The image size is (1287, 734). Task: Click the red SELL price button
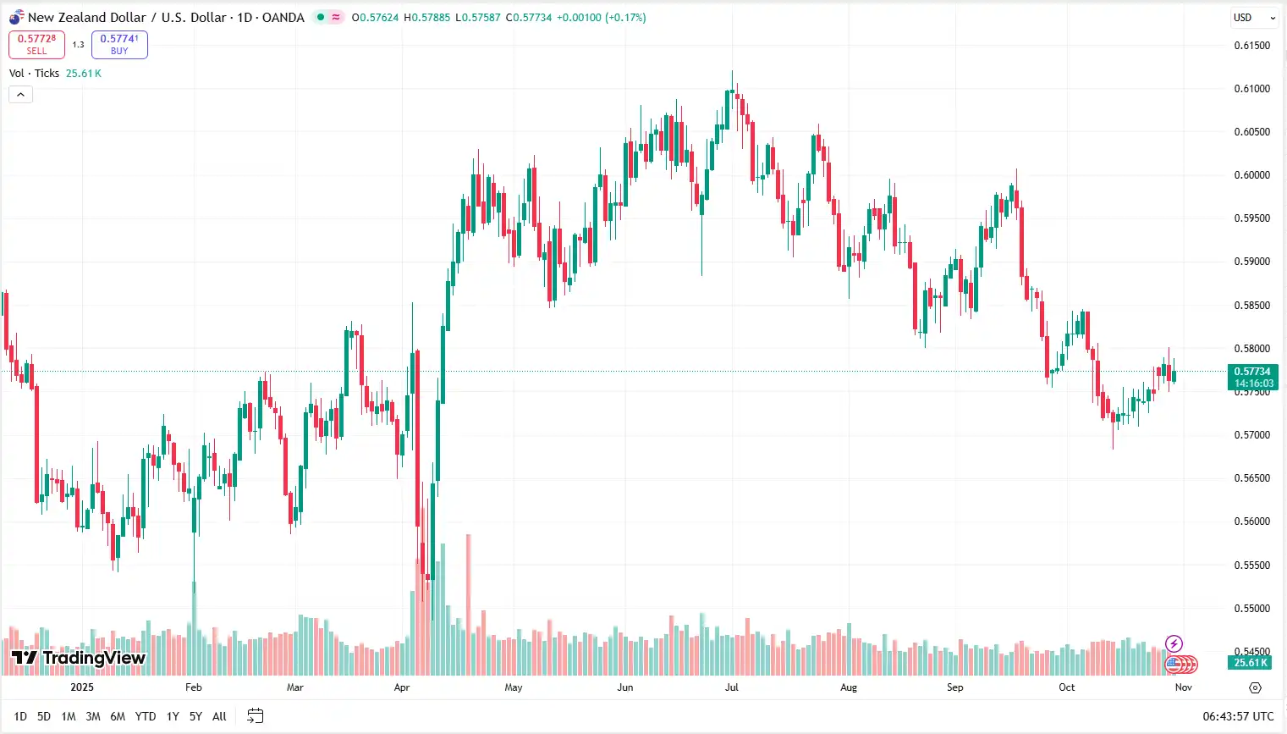(x=36, y=44)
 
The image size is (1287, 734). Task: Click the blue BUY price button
(x=119, y=44)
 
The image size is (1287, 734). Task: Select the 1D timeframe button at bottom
(x=20, y=716)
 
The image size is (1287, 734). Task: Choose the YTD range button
(x=146, y=716)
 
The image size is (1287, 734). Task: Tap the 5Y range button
(x=195, y=716)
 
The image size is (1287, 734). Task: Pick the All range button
(x=219, y=716)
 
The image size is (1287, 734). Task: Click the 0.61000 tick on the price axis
(x=1251, y=89)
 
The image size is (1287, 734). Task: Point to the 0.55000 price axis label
(x=1251, y=609)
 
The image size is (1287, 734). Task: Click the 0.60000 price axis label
(x=1251, y=175)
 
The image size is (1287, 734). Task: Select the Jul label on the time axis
(x=732, y=687)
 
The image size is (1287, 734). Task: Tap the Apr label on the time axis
(x=402, y=687)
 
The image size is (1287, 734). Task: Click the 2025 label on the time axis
(x=82, y=687)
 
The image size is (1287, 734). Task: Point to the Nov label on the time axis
(x=1184, y=687)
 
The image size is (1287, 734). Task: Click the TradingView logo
(x=79, y=658)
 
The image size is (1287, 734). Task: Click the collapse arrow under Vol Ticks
(x=20, y=95)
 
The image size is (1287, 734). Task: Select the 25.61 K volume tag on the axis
(x=1250, y=663)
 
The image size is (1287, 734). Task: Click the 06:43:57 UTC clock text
(x=1238, y=716)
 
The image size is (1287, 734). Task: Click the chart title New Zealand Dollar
(x=86, y=18)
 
